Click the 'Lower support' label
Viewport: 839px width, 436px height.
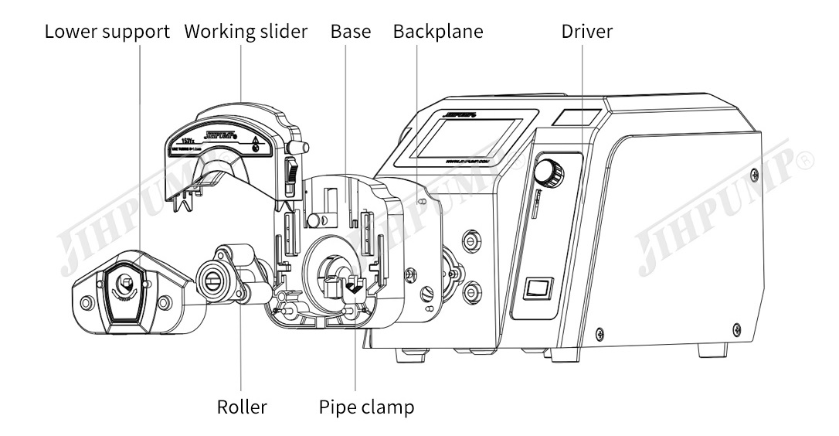[107, 32]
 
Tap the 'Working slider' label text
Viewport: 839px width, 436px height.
[246, 32]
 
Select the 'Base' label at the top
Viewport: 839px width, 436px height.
[351, 32]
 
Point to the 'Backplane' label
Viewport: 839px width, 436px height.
[438, 32]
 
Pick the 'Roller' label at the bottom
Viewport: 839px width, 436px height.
[242, 407]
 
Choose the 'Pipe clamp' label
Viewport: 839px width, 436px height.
[366, 407]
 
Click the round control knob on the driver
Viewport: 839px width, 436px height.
[550, 171]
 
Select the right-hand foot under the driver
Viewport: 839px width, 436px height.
[712, 349]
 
